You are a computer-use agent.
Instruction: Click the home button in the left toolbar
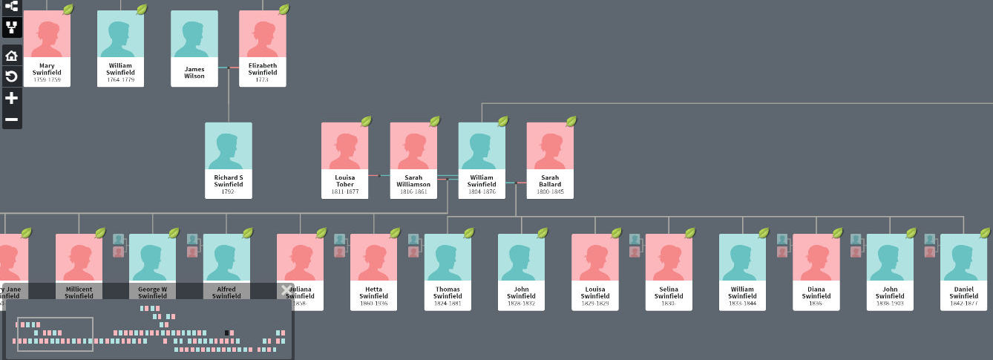point(11,56)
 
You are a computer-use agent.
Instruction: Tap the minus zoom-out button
point(11,119)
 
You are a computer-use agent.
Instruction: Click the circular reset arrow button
point(11,77)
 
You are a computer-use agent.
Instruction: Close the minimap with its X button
point(286,290)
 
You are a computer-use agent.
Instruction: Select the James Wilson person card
point(194,48)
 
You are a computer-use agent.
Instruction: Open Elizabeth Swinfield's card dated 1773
point(263,48)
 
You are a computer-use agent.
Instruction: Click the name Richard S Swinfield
point(229,180)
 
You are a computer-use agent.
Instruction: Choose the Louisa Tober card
point(344,160)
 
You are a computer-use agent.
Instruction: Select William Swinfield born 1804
point(482,160)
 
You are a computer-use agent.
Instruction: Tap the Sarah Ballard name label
point(550,180)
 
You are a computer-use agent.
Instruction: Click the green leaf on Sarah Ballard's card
point(571,121)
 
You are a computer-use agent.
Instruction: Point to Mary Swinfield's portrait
point(47,34)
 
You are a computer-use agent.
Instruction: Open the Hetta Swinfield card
point(374,272)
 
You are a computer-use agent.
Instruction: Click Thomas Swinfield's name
point(448,292)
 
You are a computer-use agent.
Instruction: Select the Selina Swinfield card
point(669,272)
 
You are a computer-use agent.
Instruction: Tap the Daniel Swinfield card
point(963,272)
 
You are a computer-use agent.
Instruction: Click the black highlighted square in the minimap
point(227,333)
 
